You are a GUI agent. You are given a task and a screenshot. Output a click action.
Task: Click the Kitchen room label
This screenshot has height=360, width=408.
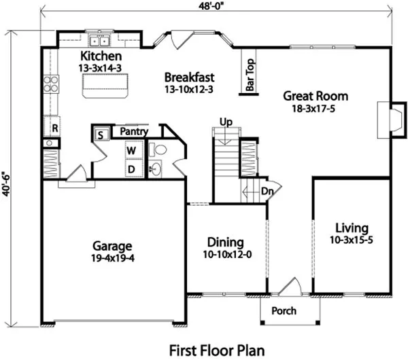(101, 56)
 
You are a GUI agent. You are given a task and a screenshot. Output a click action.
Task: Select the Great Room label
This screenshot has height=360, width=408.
(316, 96)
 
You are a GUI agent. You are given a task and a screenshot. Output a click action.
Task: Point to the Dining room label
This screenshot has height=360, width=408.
(224, 242)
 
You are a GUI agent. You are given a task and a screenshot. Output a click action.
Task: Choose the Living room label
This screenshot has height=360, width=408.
(351, 228)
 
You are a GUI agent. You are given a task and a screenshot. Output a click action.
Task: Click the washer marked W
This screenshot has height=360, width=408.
(133, 149)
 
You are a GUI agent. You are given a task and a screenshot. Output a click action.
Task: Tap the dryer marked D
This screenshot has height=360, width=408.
(133, 168)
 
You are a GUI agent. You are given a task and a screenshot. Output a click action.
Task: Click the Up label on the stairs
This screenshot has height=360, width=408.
(226, 122)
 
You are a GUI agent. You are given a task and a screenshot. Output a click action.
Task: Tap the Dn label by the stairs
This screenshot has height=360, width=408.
(267, 191)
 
